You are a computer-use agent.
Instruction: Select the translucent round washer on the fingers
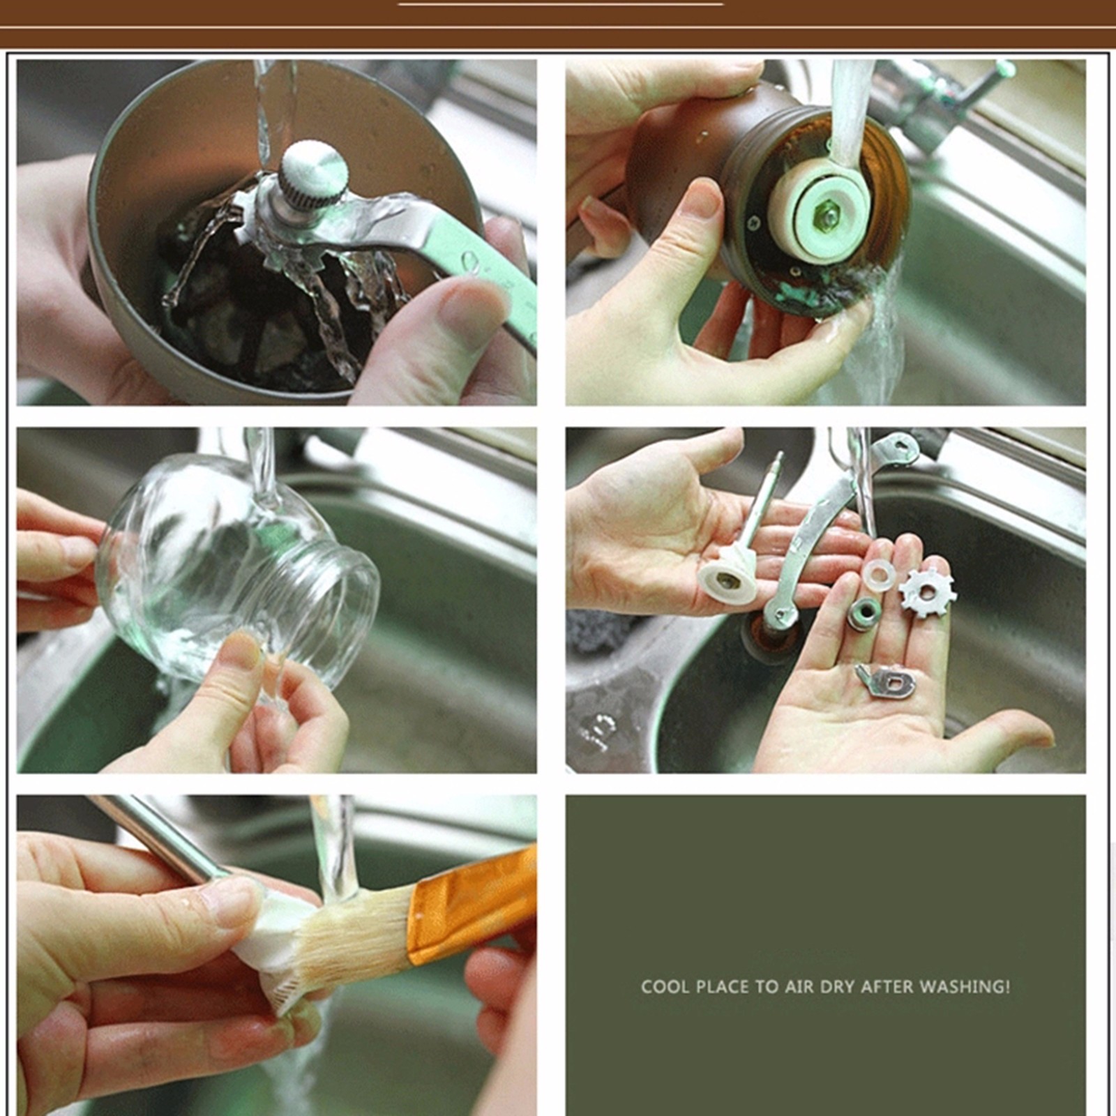878,575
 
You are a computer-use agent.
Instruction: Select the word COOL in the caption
665,987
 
